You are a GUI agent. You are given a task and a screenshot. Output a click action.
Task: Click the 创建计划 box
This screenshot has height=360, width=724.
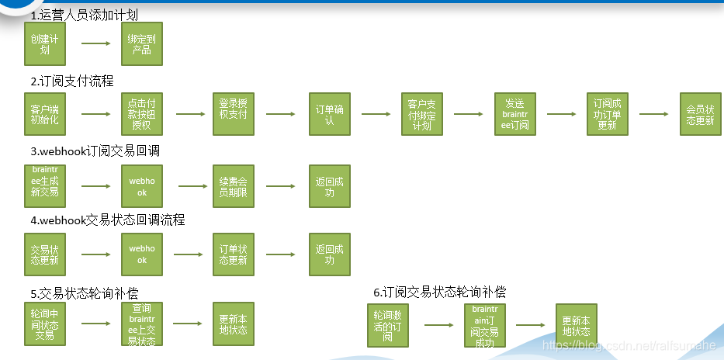[45, 43]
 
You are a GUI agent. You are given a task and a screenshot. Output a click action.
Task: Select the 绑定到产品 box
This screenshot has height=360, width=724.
[141, 43]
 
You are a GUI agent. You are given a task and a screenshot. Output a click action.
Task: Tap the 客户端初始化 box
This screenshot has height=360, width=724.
[45, 115]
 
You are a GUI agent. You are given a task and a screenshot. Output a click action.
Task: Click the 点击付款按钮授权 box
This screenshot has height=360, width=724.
[141, 115]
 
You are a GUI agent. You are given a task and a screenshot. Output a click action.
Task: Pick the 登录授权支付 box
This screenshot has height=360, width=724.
[234, 115]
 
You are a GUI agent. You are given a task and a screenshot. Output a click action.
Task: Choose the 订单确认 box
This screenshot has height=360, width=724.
[329, 115]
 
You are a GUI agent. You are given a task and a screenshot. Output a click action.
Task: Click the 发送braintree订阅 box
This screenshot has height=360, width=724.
[515, 115]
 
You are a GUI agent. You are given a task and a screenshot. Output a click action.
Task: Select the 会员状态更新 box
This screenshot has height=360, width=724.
[700, 115]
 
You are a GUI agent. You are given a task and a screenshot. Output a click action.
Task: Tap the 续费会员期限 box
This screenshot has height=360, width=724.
[234, 186]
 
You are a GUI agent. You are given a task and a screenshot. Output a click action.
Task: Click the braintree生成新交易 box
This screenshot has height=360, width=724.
[45, 186]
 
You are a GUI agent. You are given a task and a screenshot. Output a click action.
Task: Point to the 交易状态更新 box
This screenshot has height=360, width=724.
[45, 254]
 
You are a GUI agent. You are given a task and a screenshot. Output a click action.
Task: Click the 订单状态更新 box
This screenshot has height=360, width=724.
[234, 254]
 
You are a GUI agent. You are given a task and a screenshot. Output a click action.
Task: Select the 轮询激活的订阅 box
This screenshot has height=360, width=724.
[388, 325]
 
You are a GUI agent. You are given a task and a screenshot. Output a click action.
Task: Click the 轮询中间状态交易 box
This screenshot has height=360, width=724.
[45, 324]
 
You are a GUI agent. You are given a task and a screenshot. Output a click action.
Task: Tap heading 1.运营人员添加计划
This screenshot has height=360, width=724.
[85, 15]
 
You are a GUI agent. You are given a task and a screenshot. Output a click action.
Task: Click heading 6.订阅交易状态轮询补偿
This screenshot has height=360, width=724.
[439, 292]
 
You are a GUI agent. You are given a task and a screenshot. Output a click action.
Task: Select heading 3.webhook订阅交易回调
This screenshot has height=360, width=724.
[95, 150]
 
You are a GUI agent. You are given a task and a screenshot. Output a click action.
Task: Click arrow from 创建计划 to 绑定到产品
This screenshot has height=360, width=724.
[95, 44]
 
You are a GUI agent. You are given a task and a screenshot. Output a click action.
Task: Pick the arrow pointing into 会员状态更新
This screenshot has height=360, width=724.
[653, 114]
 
